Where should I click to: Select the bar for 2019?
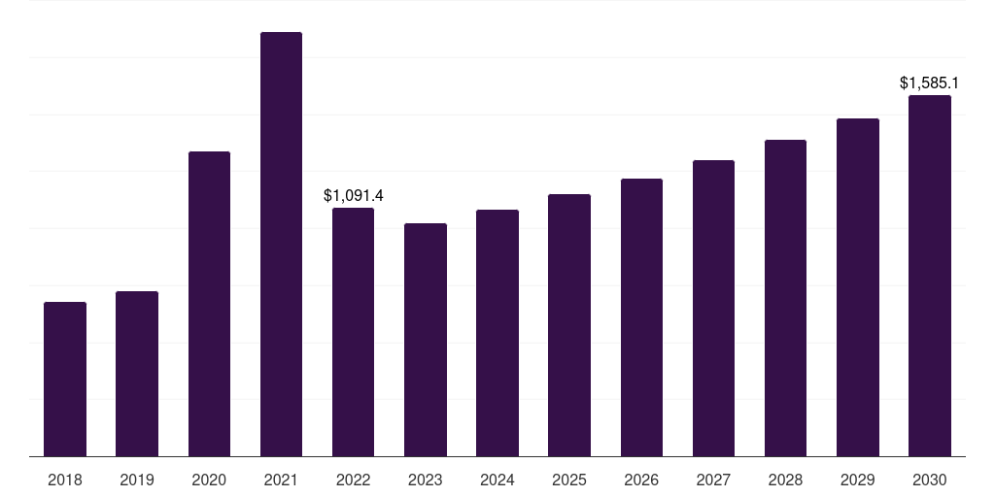137,374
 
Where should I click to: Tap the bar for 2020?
209,304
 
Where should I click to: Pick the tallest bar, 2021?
281,244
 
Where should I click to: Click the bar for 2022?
353,332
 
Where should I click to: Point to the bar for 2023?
426,340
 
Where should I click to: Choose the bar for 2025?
569,325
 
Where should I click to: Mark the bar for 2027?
713,308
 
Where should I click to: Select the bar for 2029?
858,287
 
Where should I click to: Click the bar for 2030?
930,276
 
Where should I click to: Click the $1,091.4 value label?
354,196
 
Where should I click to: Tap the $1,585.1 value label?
930,83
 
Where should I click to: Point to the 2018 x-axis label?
65,480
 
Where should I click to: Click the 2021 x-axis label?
281,480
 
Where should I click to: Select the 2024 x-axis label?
497,480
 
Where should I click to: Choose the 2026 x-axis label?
641,480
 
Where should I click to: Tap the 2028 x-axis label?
785,480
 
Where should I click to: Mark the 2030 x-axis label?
930,480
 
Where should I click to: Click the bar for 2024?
497,333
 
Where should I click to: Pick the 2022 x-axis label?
353,480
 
